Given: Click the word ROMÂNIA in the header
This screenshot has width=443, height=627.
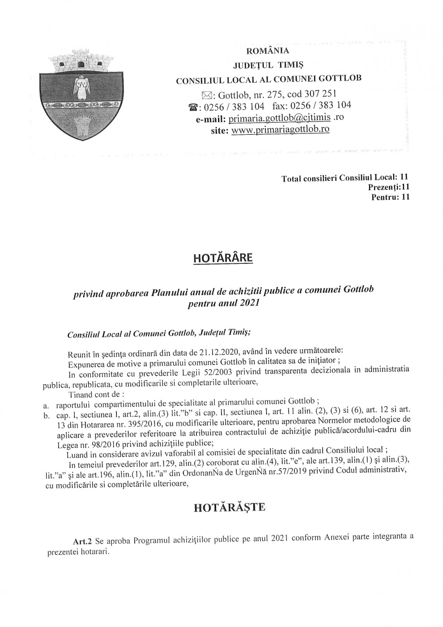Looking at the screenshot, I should (268, 51).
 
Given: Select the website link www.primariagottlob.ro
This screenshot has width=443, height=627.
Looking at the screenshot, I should (281, 129).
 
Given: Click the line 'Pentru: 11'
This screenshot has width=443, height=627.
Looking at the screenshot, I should (390, 197).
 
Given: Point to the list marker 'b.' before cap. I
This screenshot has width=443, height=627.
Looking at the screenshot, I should (46, 416).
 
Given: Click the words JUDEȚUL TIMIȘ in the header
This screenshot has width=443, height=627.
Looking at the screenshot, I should (268, 65).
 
